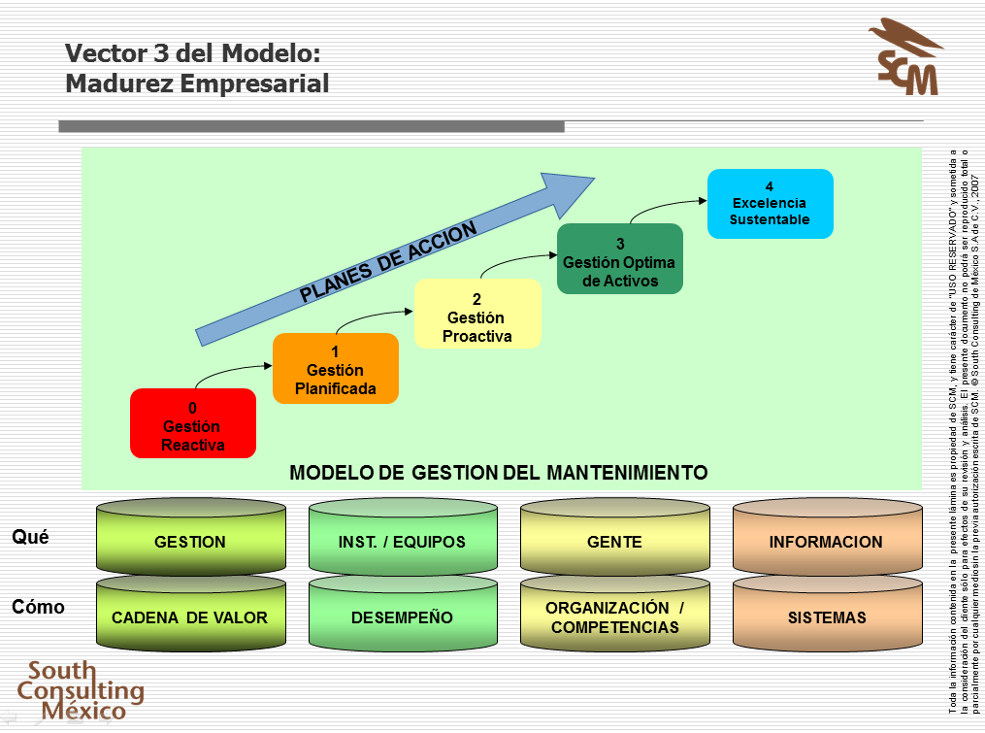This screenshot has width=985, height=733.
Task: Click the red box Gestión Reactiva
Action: tap(193, 423)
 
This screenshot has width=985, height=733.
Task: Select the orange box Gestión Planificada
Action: tap(336, 369)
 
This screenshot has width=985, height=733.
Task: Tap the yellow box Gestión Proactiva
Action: tap(477, 315)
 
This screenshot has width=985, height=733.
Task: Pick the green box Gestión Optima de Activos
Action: tap(619, 259)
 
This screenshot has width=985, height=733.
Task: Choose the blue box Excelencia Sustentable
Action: tap(770, 204)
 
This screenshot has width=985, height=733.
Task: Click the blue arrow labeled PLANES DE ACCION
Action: tap(388, 262)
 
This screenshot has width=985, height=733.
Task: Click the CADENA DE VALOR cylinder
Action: tap(190, 616)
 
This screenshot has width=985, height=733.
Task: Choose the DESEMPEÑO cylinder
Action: tap(403, 616)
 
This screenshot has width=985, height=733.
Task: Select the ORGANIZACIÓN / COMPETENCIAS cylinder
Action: tap(615, 616)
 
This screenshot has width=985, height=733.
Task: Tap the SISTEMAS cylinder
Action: tap(827, 616)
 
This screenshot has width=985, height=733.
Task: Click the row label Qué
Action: tap(30, 536)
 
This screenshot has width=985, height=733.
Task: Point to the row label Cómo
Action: tap(39, 607)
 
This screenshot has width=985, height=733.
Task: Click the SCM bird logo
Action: tap(906, 57)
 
